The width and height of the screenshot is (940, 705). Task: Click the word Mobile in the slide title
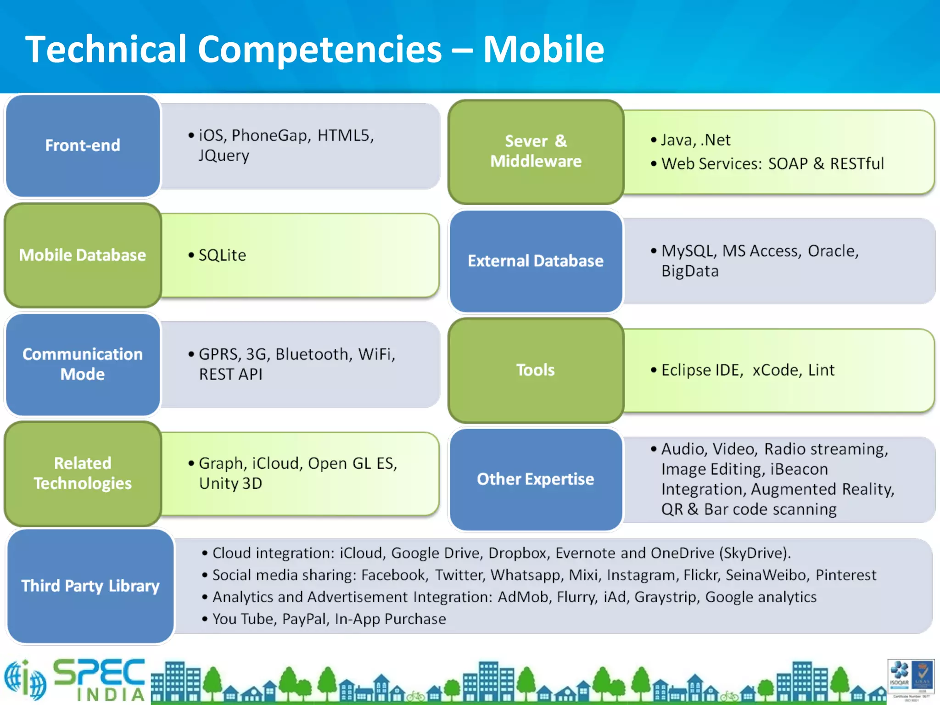click(543, 49)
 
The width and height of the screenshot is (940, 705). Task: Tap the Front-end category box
click(83, 145)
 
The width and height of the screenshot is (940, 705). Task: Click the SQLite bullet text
click(222, 255)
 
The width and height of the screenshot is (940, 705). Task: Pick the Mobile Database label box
click(83, 255)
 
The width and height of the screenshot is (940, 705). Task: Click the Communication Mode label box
click(83, 364)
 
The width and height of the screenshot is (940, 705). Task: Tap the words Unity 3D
click(230, 483)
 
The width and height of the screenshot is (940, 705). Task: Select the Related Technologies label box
click(83, 473)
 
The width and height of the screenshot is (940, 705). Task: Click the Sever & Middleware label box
click(536, 151)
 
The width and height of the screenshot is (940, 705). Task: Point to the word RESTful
click(856, 164)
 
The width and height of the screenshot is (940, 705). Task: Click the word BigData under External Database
click(690, 271)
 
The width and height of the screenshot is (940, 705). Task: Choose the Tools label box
click(536, 370)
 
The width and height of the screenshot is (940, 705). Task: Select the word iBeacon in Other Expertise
click(799, 469)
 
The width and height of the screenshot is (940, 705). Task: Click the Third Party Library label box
click(90, 586)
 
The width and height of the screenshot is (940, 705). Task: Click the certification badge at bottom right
click(911, 679)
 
